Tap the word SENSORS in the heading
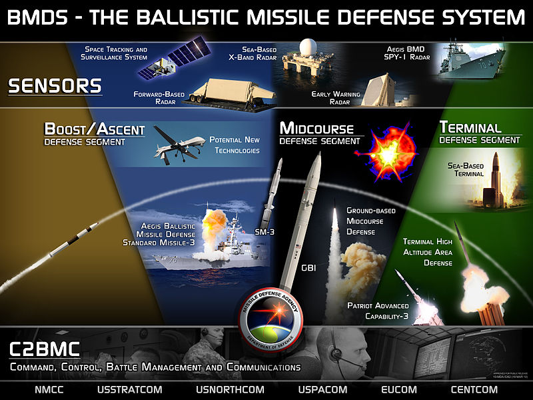[55, 86]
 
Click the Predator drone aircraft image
[179, 143]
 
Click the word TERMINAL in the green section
[470, 127]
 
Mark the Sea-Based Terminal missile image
[496, 179]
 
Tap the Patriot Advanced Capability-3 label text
[377, 310]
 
